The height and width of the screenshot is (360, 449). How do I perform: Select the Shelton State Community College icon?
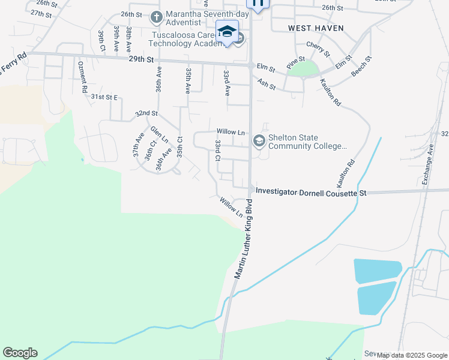pos(259,141)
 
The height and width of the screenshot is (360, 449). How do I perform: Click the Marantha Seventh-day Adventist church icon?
pos(155,17)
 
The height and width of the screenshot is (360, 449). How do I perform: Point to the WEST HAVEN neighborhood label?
pos(307,28)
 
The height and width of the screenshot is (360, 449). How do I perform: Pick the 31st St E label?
pos(104,97)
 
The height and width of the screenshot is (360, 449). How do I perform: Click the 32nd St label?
pos(146,113)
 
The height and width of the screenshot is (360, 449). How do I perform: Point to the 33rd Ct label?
pos(218,151)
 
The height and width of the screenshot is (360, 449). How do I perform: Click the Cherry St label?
pos(318,49)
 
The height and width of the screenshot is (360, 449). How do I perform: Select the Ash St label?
pos(266,83)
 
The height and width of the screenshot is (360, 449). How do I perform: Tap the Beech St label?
pos(361,66)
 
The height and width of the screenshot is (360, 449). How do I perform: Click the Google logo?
pos(20,353)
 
